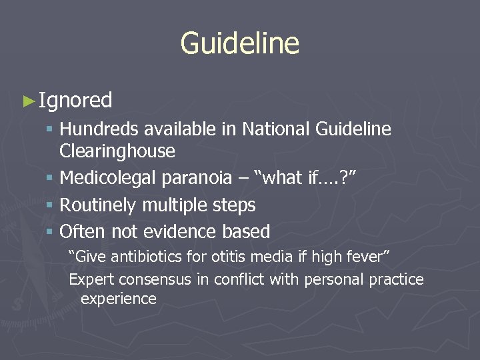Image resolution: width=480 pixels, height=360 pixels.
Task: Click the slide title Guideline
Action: coord(239,44)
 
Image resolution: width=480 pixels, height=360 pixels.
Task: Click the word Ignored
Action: coord(75,101)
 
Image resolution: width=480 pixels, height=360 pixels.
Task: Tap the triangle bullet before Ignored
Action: coord(28,101)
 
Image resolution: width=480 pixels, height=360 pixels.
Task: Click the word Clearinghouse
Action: coord(117,151)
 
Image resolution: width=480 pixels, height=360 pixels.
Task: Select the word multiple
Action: coord(171,205)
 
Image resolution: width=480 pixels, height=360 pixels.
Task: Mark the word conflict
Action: coord(239,279)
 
